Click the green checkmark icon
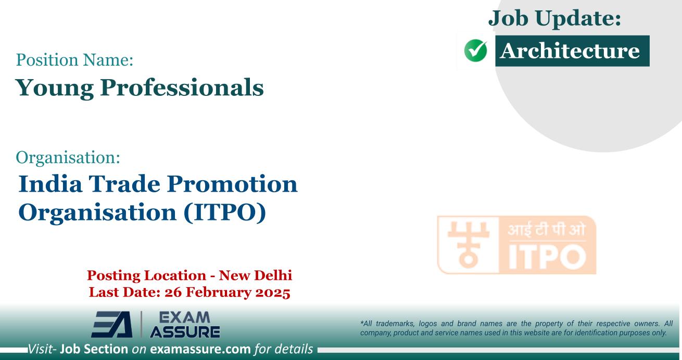(475, 51)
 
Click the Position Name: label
(75, 61)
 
